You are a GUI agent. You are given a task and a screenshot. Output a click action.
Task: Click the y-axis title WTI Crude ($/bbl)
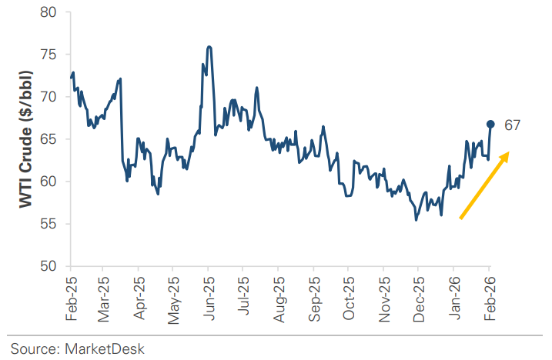click(x=25, y=138)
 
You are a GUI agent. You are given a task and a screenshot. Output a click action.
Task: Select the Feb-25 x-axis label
click(x=71, y=297)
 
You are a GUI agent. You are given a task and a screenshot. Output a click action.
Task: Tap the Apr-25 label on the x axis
click(x=140, y=297)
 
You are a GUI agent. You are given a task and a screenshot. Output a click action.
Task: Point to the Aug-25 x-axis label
click(x=279, y=297)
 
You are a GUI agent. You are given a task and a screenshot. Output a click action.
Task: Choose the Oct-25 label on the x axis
click(x=349, y=297)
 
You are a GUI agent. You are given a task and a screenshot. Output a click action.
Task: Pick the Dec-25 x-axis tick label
click(x=418, y=297)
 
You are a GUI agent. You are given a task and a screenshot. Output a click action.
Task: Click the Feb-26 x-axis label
click(x=488, y=297)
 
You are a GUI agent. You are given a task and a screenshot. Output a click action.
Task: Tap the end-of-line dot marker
click(x=490, y=124)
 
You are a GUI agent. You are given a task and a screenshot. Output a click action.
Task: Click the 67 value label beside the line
click(x=514, y=125)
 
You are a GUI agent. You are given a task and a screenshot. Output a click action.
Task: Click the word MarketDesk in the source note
click(x=105, y=348)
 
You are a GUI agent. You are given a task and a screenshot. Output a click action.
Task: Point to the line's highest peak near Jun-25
click(x=209, y=47)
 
